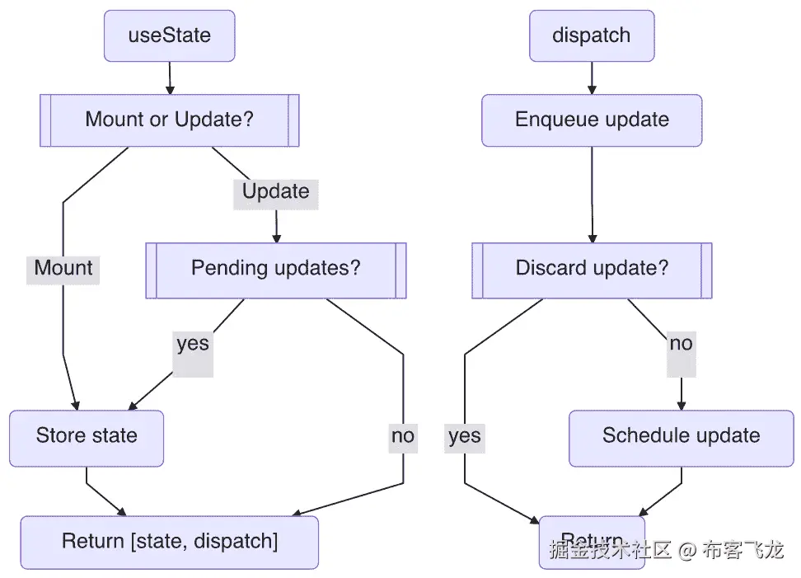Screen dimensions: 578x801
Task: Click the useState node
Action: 169,35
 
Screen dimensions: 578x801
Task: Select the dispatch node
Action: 591,35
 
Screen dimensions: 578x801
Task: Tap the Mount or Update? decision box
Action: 169,120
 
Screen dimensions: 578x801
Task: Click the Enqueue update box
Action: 591,120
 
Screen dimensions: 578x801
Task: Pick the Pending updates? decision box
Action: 275,269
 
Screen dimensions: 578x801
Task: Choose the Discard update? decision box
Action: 591,269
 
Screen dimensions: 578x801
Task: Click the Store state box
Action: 87,436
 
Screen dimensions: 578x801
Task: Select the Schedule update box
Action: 681,436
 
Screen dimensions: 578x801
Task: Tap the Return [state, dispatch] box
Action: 169,542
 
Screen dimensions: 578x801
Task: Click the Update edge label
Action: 275,192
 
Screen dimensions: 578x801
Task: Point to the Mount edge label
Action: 63,268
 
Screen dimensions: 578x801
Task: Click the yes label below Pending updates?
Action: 193,344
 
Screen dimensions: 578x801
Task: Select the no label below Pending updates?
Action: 403,436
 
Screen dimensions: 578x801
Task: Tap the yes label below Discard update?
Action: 465,436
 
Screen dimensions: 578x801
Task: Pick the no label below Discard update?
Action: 681,344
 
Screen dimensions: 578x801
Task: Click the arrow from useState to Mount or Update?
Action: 169,78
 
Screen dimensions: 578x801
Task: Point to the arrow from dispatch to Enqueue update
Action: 591,78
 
